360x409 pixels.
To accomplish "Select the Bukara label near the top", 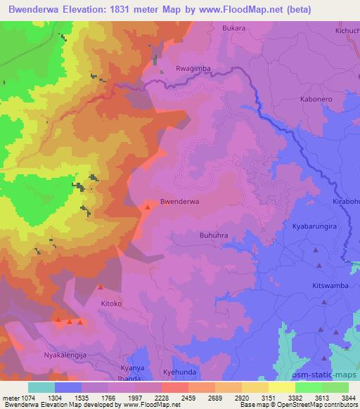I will [233, 29].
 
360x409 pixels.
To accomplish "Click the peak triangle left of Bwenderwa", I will [148, 207].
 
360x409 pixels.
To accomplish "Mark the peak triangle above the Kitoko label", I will [101, 287].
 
